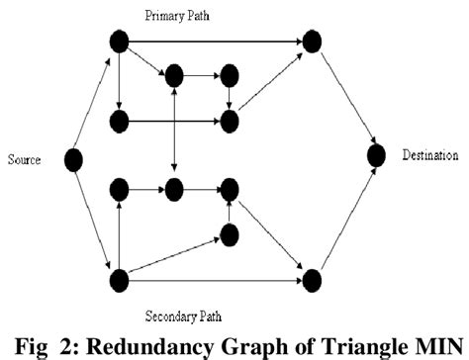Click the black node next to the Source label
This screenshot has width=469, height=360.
[72, 157]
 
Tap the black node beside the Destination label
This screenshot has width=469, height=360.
[375, 155]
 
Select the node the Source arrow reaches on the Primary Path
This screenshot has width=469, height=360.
[119, 42]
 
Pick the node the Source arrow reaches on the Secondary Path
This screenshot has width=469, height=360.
[119, 278]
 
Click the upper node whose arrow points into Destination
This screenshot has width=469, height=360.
[312, 42]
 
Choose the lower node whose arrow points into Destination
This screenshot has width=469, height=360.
[312, 278]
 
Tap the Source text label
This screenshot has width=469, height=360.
[23, 157]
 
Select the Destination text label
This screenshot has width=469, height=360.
[430, 154]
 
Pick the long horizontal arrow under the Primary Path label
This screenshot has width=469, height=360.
[215, 42]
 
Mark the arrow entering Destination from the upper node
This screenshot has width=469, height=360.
[343, 98]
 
